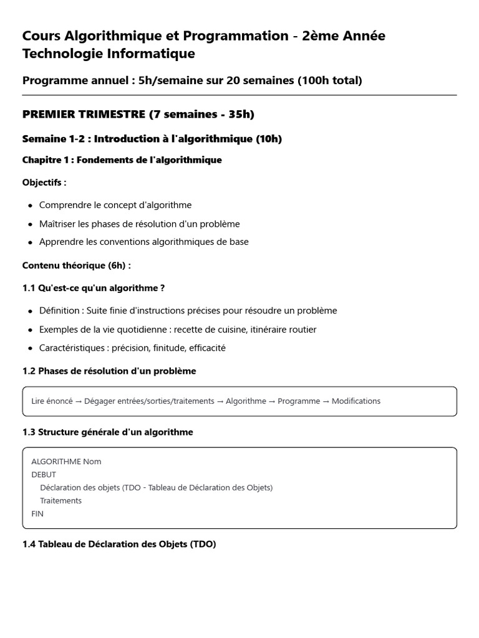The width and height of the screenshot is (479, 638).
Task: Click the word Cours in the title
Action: point(42,36)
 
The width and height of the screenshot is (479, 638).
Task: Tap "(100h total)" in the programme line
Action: point(330,80)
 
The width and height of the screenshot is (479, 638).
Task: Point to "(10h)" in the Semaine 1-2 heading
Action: point(269,139)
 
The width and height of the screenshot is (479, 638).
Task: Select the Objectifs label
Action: point(44,183)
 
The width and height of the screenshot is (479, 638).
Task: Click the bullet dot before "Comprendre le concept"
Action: point(30,206)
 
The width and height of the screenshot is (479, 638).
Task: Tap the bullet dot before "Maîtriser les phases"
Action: point(30,224)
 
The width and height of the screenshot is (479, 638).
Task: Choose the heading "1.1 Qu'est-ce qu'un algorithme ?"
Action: point(94,288)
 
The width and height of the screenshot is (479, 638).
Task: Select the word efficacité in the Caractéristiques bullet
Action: point(201,348)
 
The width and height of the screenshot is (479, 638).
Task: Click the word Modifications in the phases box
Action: point(356,401)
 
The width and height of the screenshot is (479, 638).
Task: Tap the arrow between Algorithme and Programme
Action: point(272,401)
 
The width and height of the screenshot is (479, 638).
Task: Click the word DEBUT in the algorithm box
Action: point(44,475)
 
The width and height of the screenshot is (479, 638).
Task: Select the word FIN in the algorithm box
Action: point(37,514)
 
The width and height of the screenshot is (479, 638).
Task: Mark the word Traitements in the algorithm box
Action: point(60,501)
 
